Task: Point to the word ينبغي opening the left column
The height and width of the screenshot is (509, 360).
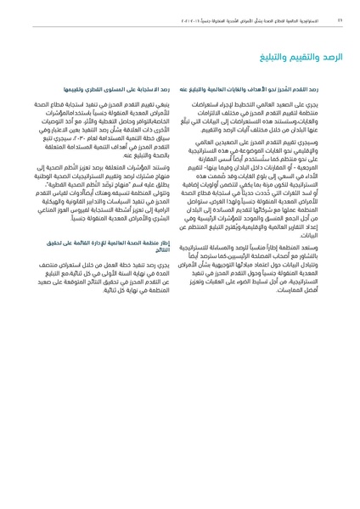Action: coord(161,103)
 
